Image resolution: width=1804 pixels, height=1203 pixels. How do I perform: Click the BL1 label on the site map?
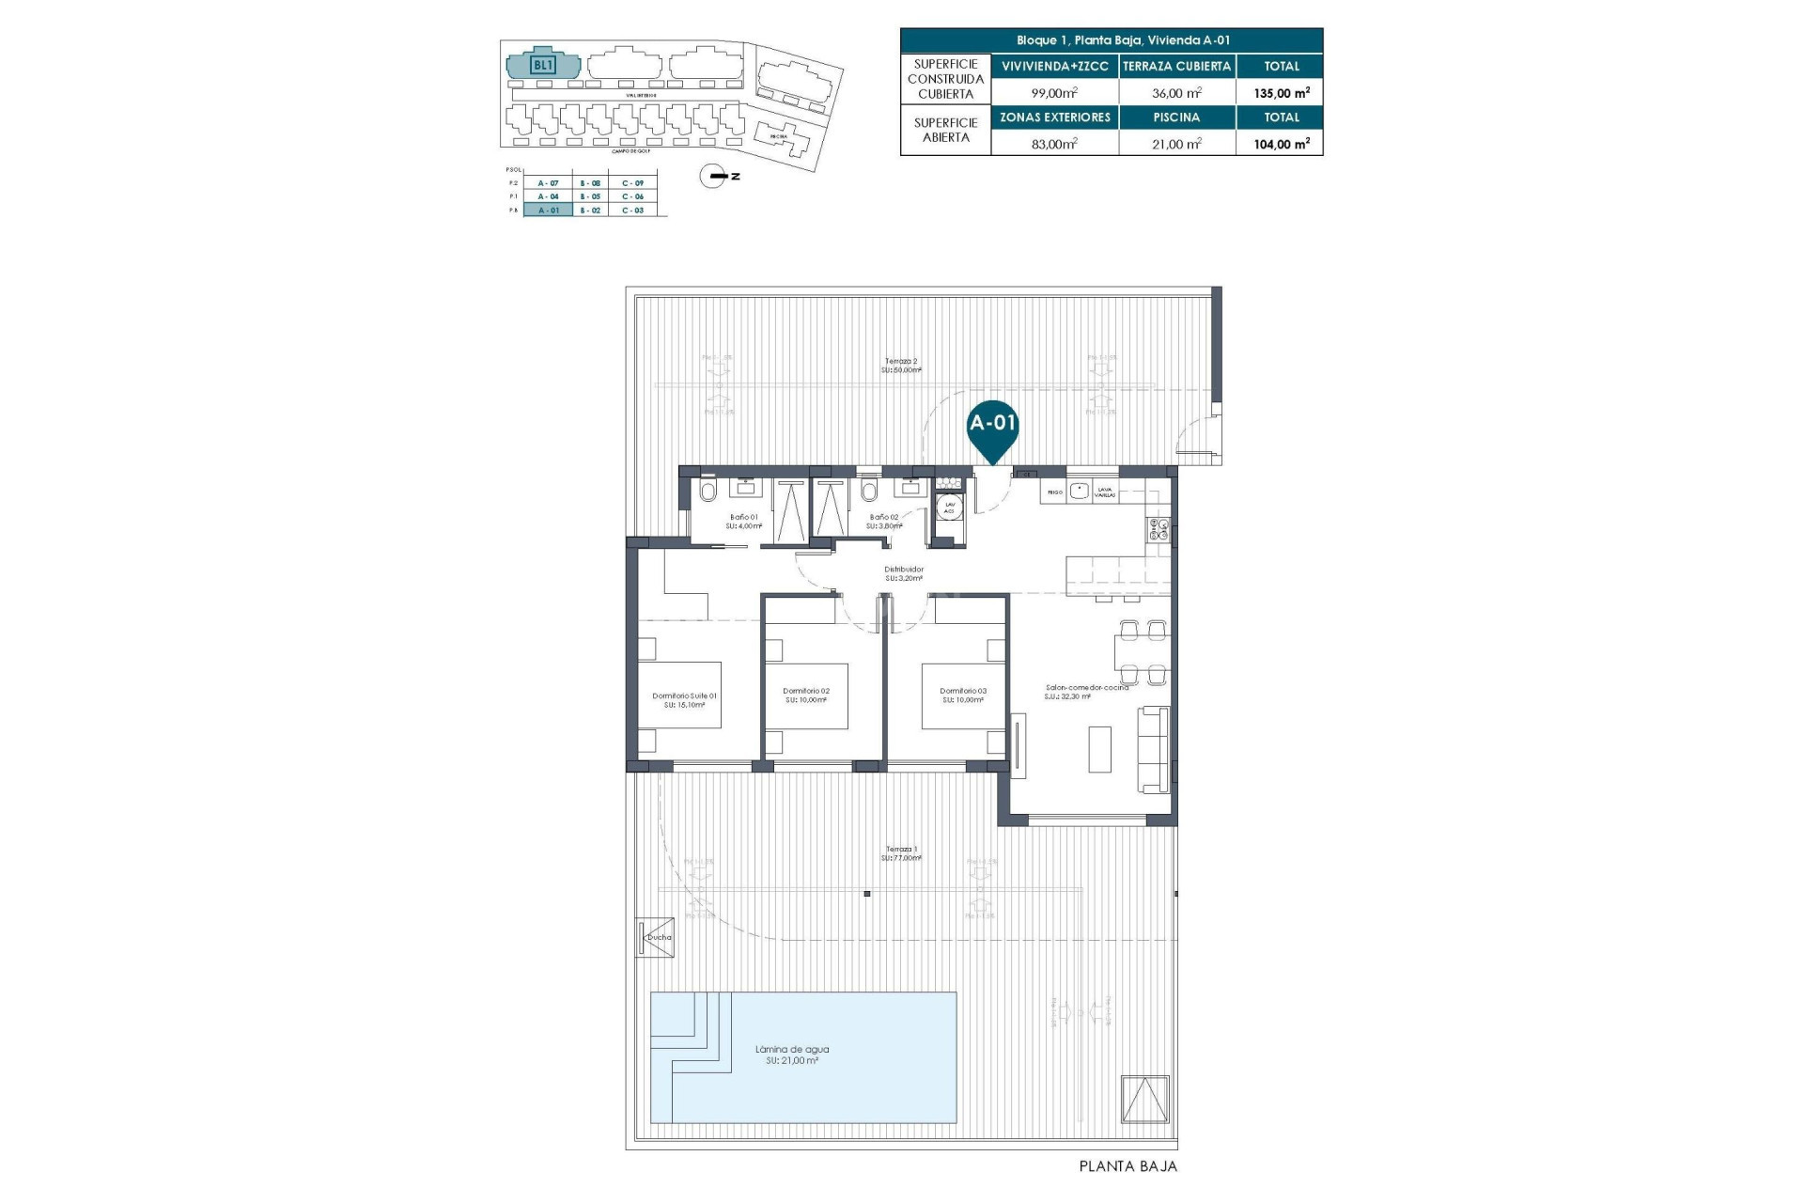pyautogui.click(x=543, y=65)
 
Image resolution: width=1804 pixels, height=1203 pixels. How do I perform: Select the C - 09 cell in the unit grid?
pyautogui.click(x=632, y=183)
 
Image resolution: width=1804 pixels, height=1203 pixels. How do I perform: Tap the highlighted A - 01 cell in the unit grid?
pyautogui.click(x=548, y=211)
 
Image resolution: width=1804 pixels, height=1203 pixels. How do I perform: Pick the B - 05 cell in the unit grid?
pyautogui.click(x=590, y=196)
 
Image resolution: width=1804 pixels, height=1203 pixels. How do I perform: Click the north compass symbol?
pyautogui.click(x=714, y=176)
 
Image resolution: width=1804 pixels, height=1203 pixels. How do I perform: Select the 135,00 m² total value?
pyautogui.click(x=1281, y=93)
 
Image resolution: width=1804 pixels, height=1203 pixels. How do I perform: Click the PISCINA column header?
pyautogui.click(x=1176, y=117)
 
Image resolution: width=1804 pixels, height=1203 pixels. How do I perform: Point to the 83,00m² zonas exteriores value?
pyautogui.click(x=1054, y=144)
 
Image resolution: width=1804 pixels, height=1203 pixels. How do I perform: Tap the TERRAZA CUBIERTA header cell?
pyautogui.click(x=1176, y=67)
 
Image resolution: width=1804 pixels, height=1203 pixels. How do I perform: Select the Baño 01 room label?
pyautogui.click(x=743, y=517)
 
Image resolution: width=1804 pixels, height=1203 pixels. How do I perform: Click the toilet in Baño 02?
pyautogui.click(x=868, y=492)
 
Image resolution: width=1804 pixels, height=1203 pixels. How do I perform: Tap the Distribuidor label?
pyautogui.click(x=904, y=570)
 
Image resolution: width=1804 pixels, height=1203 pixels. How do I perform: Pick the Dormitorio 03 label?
pyautogui.click(x=963, y=691)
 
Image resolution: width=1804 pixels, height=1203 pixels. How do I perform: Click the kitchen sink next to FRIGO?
pyautogui.click(x=1079, y=491)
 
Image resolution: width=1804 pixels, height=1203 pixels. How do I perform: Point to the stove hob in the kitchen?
pyautogui.click(x=1158, y=530)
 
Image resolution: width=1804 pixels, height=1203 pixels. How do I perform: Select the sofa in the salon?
pyautogui.click(x=1154, y=749)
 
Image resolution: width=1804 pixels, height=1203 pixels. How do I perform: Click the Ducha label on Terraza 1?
pyautogui.click(x=659, y=937)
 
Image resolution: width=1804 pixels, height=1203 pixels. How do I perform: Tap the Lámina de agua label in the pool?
pyautogui.click(x=792, y=1050)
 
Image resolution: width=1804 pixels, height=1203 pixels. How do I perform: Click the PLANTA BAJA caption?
pyautogui.click(x=1127, y=1166)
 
